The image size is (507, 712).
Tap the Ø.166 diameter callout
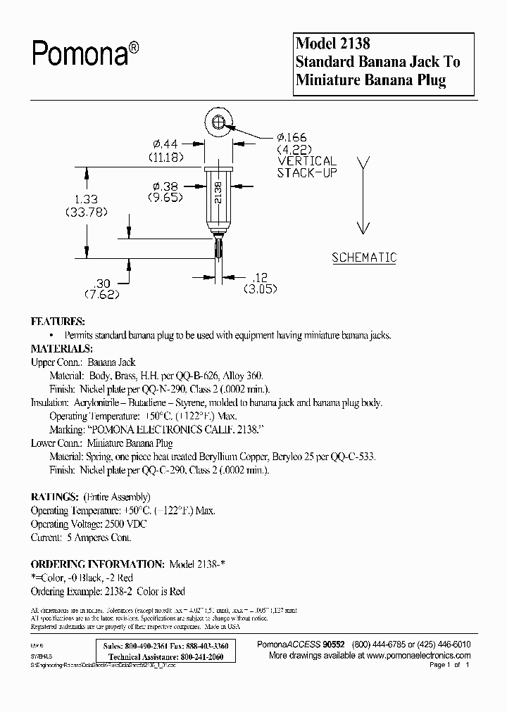pos(292,138)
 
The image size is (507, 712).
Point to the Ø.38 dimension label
pos(165,187)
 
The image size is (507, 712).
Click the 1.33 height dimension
pos(82,199)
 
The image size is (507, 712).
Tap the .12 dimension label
pos(259,276)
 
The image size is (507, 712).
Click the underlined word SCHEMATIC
pos(364,258)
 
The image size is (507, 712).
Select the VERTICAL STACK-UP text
pos(306,166)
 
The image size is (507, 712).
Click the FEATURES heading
pos(58,321)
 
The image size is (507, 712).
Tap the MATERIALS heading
pos(61,348)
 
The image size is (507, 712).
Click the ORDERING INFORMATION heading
pos(97,564)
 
